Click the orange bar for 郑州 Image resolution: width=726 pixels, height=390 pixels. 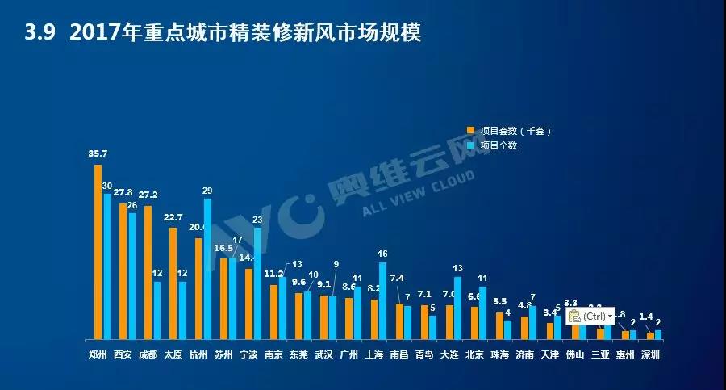coord(98,252)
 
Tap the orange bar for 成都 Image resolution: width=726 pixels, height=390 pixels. coord(148,272)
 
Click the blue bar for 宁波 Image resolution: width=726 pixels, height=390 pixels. coord(257,283)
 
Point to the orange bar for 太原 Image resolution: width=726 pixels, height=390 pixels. coord(173,283)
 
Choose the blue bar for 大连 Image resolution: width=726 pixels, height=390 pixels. coord(457,308)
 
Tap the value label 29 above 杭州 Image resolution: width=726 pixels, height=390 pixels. coord(207,191)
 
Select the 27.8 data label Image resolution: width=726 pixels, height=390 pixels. coord(123,193)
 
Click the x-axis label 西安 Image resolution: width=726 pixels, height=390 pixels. coord(123,354)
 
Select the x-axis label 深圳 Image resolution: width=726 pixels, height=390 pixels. coord(650,354)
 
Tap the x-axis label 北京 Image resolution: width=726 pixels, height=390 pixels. coord(476,354)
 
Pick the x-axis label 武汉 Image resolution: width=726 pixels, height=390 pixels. coord(323,354)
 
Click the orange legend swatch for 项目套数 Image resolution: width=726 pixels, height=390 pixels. coord(470,130)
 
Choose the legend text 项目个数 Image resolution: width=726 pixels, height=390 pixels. coord(498,145)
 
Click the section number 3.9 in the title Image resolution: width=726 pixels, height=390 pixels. coord(40,33)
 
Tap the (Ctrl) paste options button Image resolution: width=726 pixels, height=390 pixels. coord(590,316)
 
